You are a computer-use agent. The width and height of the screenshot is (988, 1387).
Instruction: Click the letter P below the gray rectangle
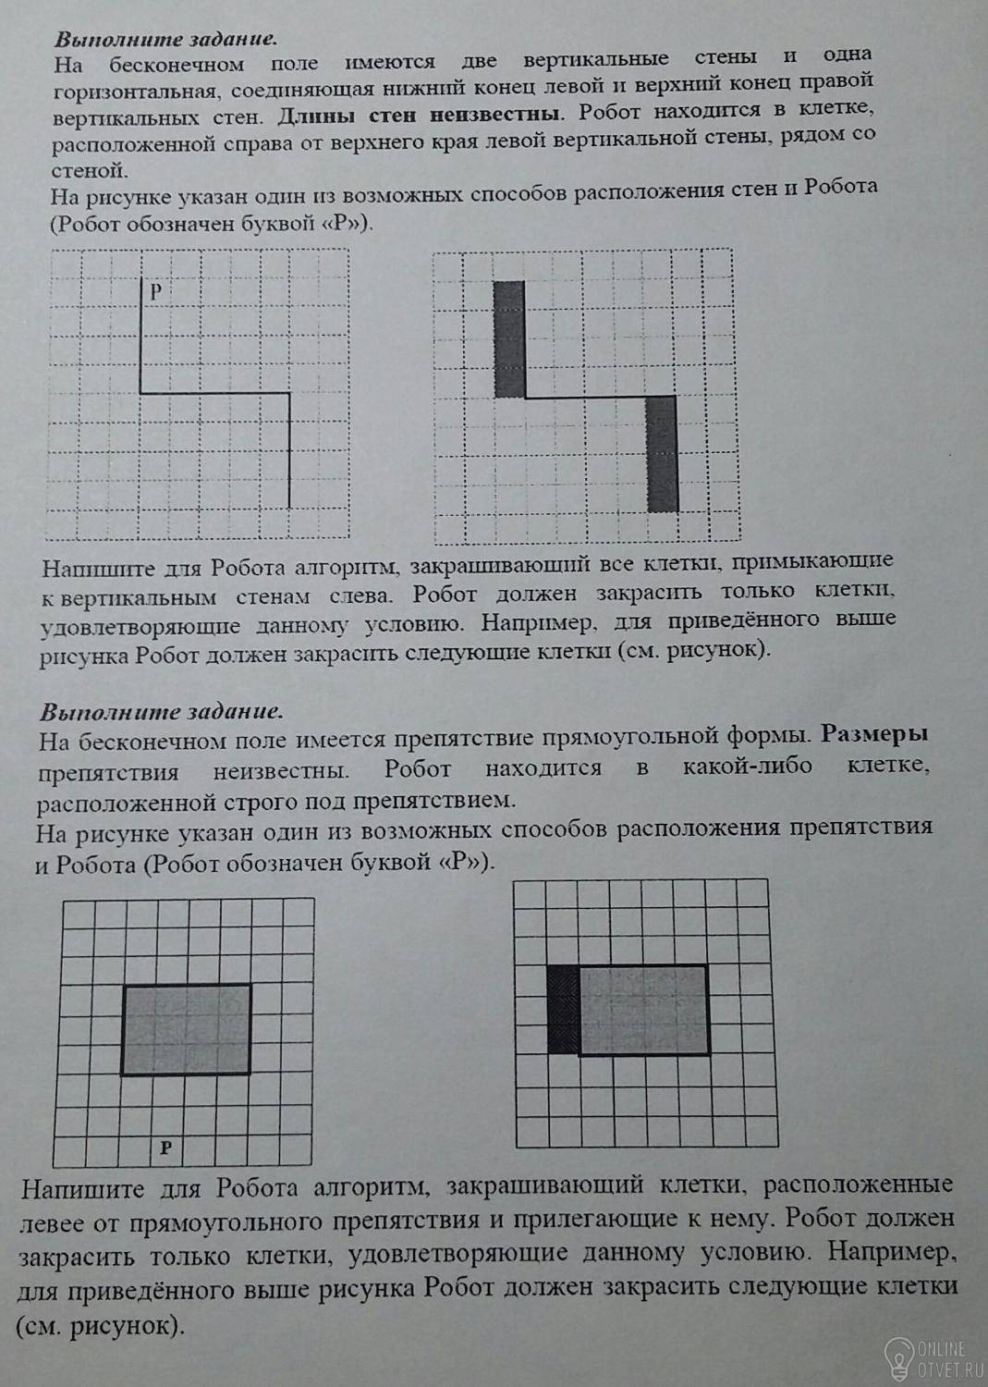(x=165, y=1148)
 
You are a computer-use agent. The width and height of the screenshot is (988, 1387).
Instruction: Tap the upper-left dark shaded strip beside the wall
(x=508, y=339)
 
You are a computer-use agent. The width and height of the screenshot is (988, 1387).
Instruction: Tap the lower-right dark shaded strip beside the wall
(x=661, y=453)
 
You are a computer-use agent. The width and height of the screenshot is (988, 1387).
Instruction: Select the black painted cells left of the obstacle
(x=562, y=1009)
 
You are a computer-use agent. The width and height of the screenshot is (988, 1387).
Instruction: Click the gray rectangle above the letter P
(x=186, y=1029)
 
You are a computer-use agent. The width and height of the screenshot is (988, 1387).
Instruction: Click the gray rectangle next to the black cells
(x=643, y=1009)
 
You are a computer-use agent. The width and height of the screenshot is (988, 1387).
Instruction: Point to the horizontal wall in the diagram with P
(x=214, y=394)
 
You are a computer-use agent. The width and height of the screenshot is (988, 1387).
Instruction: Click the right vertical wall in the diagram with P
(x=289, y=450)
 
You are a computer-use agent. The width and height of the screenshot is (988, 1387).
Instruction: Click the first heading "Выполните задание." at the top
(x=165, y=40)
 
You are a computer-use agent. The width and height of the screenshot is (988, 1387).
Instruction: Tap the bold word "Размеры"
(x=874, y=735)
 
